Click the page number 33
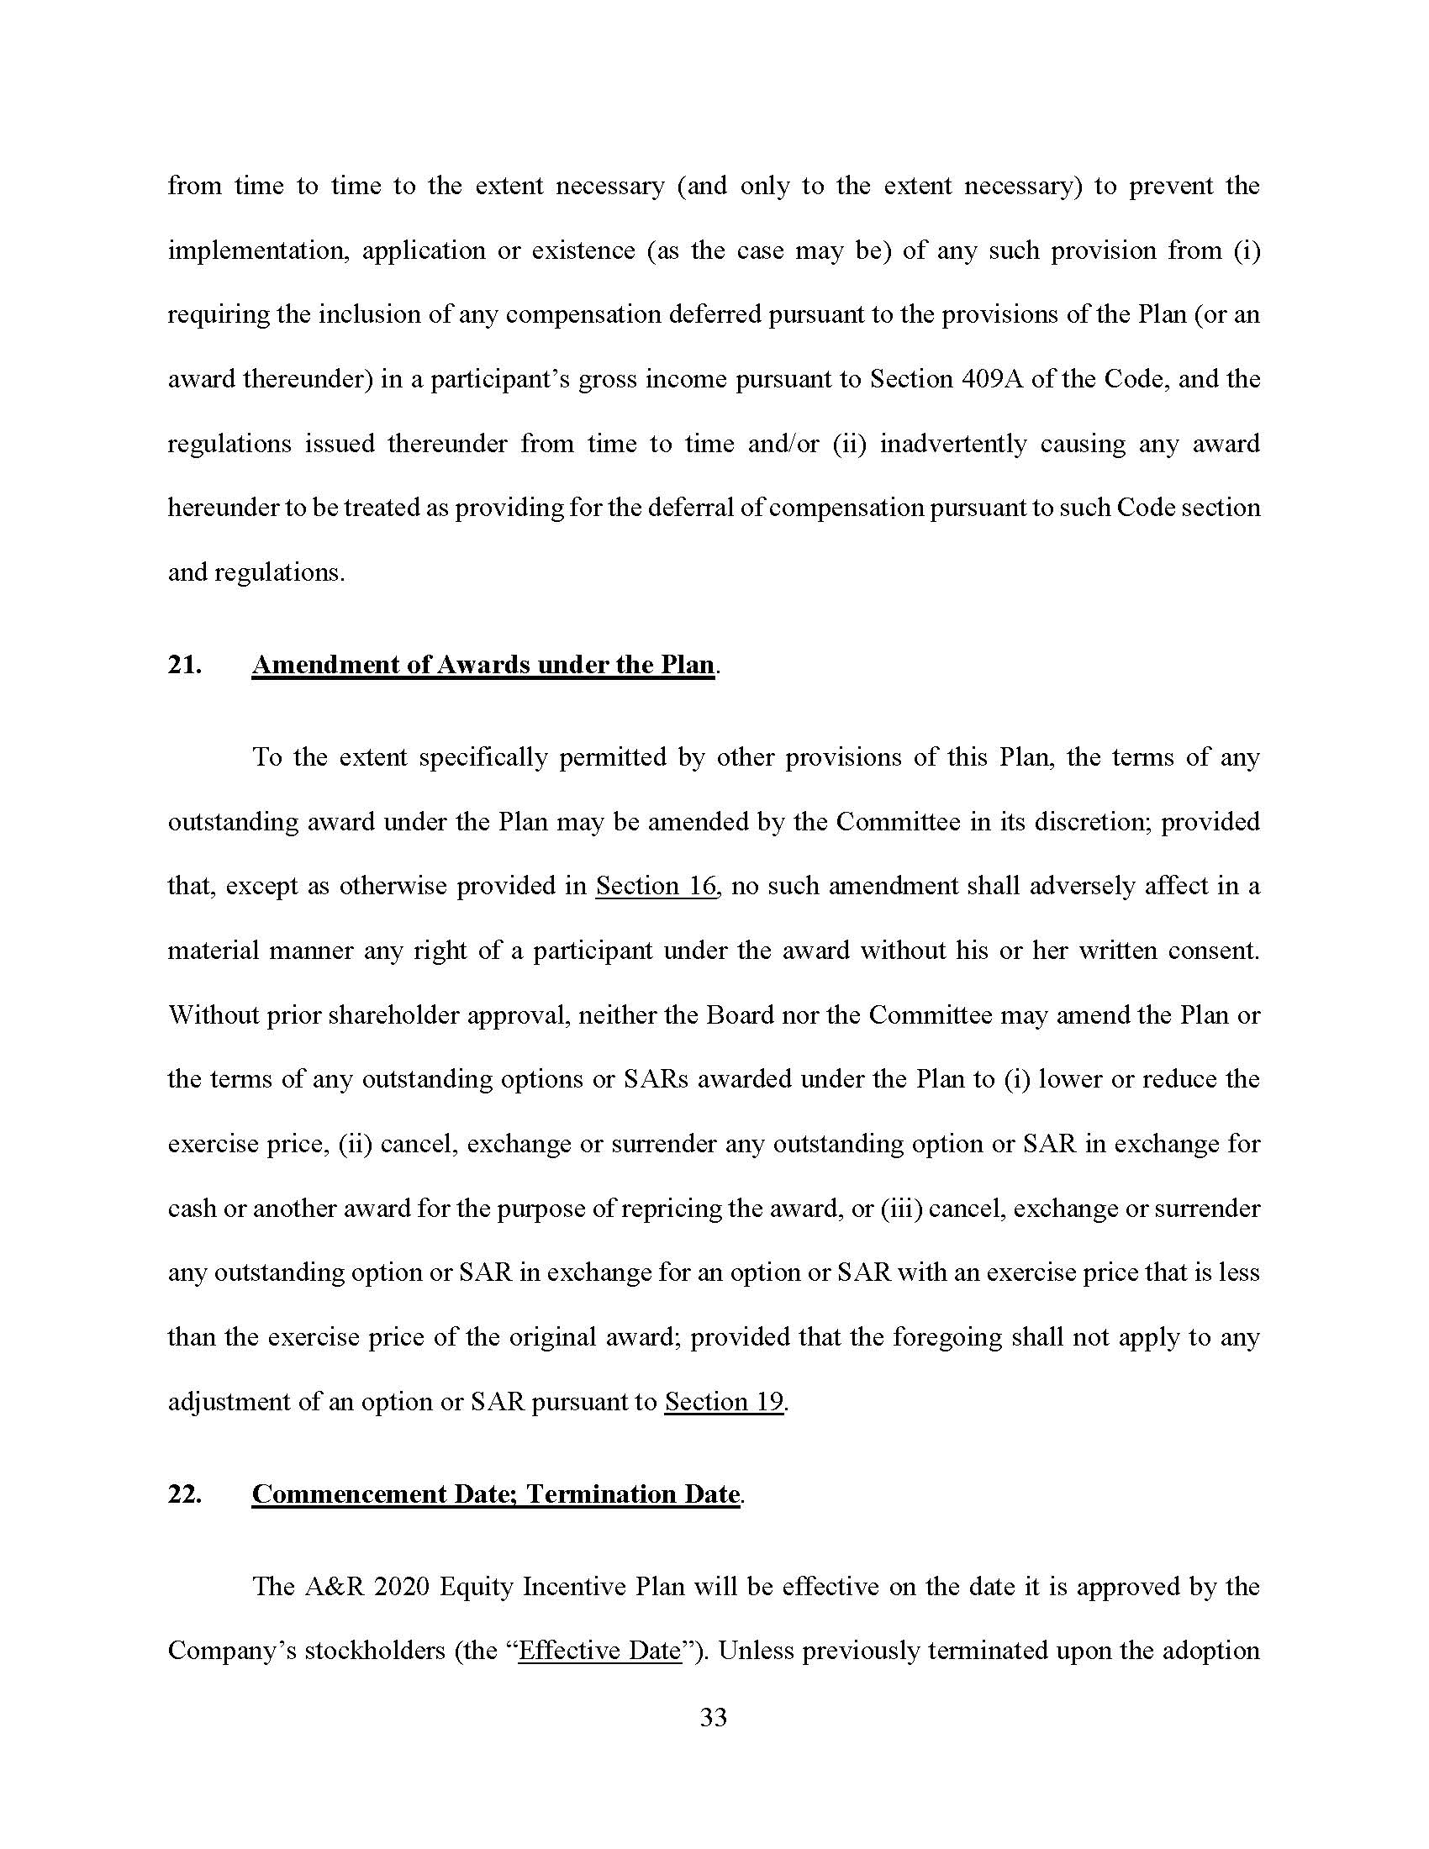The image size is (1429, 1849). click(714, 1717)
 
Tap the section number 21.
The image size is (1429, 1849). click(185, 665)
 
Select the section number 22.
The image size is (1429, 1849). click(185, 1493)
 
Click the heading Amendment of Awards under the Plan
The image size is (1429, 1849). click(483, 665)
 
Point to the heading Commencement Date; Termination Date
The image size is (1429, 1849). click(496, 1493)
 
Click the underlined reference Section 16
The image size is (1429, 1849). click(656, 886)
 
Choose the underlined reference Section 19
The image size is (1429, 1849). click(724, 1401)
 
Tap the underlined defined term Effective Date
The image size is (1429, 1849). click(599, 1650)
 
